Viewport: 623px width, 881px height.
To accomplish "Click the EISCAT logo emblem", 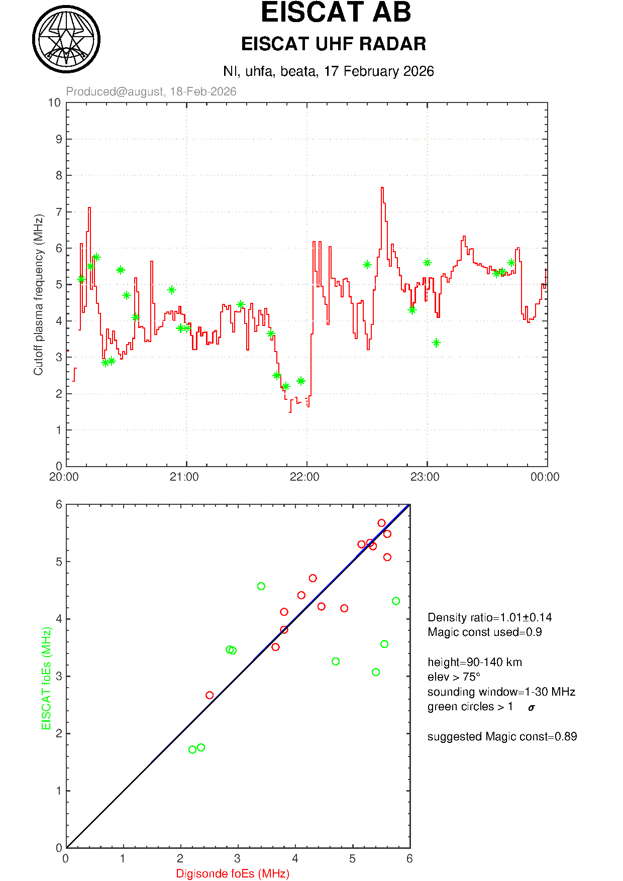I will pyautogui.click(x=66, y=39).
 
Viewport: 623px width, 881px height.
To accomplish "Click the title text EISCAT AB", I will pyautogui.click(x=336, y=13).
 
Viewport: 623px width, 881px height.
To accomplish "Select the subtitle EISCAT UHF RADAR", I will pyautogui.click(x=334, y=44).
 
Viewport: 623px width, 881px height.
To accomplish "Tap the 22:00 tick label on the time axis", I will pyautogui.click(x=304, y=477).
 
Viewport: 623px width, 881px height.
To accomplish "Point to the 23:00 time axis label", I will pyautogui.click(x=425, y=477).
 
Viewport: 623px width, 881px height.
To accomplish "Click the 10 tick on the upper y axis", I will pyautogui.click(x=54, y=103).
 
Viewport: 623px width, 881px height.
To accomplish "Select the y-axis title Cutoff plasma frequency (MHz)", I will pyautogui.click(x=39, y=294).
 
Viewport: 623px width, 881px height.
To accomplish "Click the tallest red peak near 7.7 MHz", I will pyautogui.click(x=382, y=188).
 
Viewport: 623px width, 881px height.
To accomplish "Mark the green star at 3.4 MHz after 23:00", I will pyautogui.click(x=436, y=343).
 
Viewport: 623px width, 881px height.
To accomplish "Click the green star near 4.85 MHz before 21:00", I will pyautogui.click(x=171, y=290).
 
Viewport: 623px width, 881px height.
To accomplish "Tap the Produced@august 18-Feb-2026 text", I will pyautogui.click(x=151, y=91).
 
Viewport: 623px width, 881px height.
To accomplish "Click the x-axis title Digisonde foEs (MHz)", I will pyautogui.click(x=233, y=873).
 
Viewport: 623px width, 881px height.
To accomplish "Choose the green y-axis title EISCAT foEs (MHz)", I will pyautogui.click(x=47, y=678).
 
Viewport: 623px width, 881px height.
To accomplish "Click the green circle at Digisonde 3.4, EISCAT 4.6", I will pyautogui.click(x=261, y=586).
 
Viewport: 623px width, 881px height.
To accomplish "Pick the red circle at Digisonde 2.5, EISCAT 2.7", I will pyautogui.click(x=210, y=695).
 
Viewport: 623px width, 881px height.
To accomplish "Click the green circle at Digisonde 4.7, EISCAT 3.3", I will pyautogui.click(x=336, y=662).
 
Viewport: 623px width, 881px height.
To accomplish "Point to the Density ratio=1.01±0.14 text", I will pyautogui.click(x=489, y=617).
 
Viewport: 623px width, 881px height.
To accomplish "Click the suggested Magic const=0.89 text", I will pyautogui.click(x=502, y=736).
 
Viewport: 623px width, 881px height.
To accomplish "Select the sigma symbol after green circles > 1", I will pyautogui.click(x=532, y=708).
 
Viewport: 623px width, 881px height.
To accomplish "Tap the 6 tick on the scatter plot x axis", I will pyautogui.click(x=409, y=859).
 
